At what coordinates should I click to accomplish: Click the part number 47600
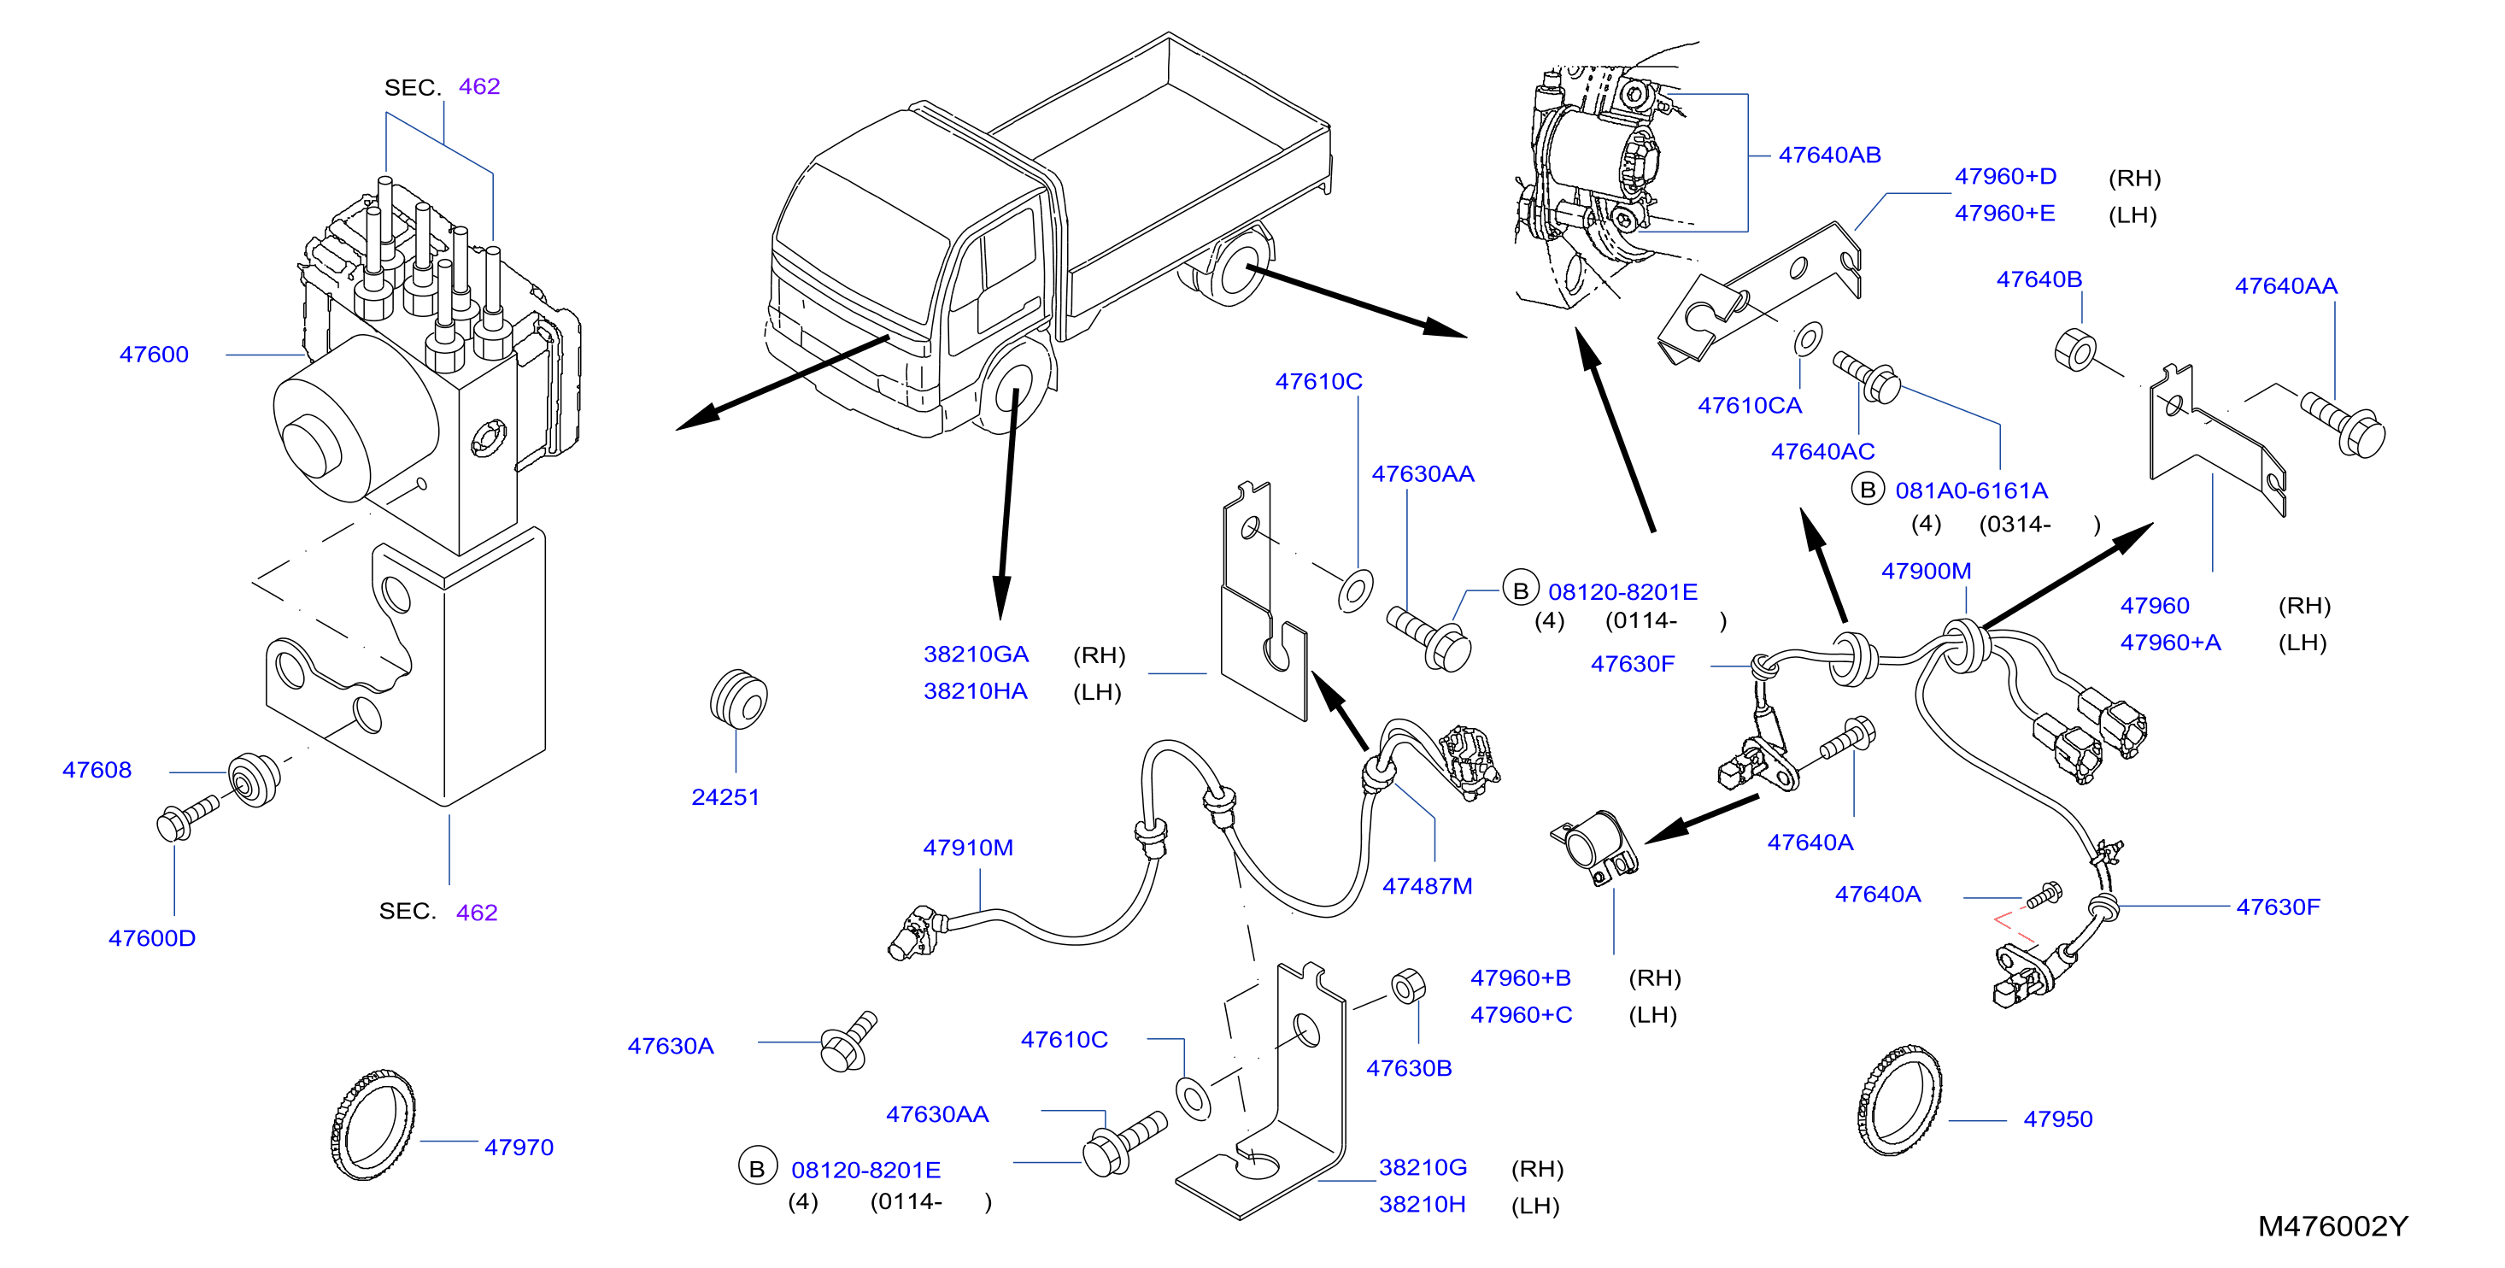click(154, 355)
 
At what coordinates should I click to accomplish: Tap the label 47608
click(97, 770)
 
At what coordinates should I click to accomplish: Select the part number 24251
click(725, 797)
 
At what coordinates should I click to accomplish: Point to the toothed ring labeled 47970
click(373, 1124)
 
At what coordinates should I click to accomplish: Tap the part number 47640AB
click(1829, 156)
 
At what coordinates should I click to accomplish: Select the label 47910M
click(968, 848)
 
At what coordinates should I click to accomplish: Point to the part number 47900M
click(1926, 572)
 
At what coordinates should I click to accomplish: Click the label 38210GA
click(976, 655)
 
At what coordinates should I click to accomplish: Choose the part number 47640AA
click(2285, 286)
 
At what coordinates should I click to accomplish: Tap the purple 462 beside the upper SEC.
click(479, 86)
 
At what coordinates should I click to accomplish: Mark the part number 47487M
click(1428, 887)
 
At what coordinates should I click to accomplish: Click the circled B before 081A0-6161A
click(1867, 489)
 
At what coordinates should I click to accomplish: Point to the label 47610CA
click(1750, 406)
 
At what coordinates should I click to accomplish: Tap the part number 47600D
click(152, 938)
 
